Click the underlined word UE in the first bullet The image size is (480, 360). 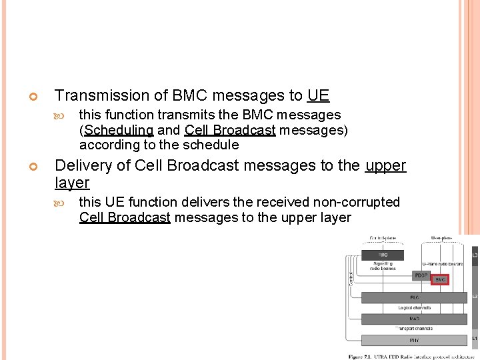(318, 96)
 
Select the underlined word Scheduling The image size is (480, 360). (119, 130)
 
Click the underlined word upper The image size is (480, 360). (385, 166)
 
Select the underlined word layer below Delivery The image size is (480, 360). (71, 183)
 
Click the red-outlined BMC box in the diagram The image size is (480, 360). (440, 280)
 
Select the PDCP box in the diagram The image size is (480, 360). (421, 275)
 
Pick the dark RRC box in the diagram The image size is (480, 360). (382, 255)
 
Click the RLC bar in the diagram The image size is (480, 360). (413, 297)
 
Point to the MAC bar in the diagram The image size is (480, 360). (413, 319)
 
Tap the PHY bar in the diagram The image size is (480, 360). (413, 340)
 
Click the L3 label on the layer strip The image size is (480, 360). (475, 255)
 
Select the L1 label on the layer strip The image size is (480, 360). (475, 339)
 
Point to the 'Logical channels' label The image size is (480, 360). (413, 308)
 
